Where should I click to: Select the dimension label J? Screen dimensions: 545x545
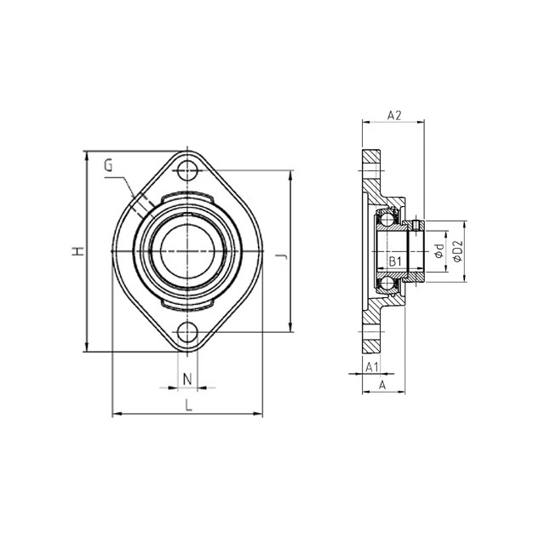coord(284,256)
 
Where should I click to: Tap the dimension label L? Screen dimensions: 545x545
coord(188,405)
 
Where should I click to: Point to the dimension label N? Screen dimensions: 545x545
coord(187,379)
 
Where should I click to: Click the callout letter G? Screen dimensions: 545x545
coord(108,165)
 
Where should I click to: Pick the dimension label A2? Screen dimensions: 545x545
coord(394,116)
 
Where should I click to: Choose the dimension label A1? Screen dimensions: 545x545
coord(371,366)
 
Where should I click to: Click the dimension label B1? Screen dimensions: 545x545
coord(395,261)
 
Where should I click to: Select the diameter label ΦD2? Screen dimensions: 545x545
coord(458,251)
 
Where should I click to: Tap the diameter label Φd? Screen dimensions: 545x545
coord(439,251)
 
